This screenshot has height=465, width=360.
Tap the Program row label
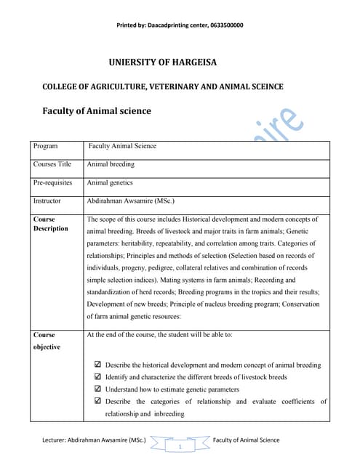(45, 146)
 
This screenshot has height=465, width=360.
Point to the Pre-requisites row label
(53, 182)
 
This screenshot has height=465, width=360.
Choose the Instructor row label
(47, 201)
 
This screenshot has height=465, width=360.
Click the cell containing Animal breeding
(111, 164)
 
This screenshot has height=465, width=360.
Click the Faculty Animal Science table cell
(122, 146)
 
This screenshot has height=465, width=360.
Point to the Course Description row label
(50, 224)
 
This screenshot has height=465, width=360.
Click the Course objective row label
(44, 341)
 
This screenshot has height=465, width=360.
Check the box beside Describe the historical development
(98, 365)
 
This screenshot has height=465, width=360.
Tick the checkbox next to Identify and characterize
(98, 377)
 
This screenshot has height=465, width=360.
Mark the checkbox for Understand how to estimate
(98, 389)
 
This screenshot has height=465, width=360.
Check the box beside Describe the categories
(98, 401)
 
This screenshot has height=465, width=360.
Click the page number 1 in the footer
(179, 446)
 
